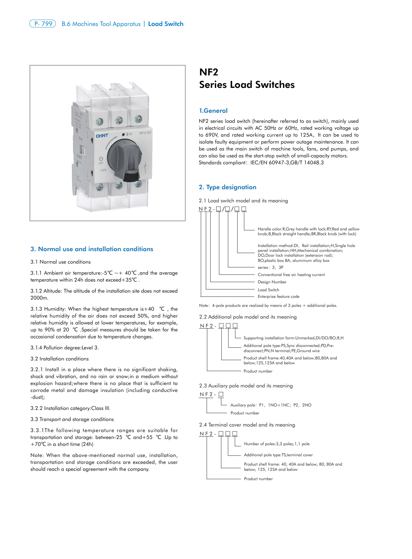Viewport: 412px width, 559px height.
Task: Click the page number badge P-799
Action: (43, 24)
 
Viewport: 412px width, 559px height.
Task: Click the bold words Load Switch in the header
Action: (166, 24)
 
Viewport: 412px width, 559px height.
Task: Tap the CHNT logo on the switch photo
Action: (102, 136)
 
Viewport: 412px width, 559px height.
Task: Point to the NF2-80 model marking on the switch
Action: (145, 133)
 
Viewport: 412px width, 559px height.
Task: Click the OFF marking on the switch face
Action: (101, 163)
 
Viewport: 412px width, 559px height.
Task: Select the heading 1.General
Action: (213, 111)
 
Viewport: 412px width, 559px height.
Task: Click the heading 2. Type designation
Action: (228, 187)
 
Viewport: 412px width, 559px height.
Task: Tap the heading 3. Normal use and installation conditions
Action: (92, 249)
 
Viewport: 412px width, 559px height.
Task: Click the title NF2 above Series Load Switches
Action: (209, 72)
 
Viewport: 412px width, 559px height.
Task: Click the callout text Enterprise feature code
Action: (278, 296)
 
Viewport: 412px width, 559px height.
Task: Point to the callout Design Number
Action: (272, 282)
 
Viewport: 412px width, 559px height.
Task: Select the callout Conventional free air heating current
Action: (291, 275)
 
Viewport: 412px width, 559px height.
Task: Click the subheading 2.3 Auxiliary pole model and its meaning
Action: (246, 386)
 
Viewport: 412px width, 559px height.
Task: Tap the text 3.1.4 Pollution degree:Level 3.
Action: (64, 348)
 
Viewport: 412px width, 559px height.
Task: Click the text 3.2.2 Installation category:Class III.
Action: (70, 408)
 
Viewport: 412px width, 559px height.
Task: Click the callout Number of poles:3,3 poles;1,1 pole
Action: (276, 444)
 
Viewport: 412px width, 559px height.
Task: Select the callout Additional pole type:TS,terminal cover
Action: (278, 455)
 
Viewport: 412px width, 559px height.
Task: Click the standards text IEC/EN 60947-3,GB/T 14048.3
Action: (287, 163)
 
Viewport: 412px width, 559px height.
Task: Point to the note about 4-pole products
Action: (268, 305)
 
